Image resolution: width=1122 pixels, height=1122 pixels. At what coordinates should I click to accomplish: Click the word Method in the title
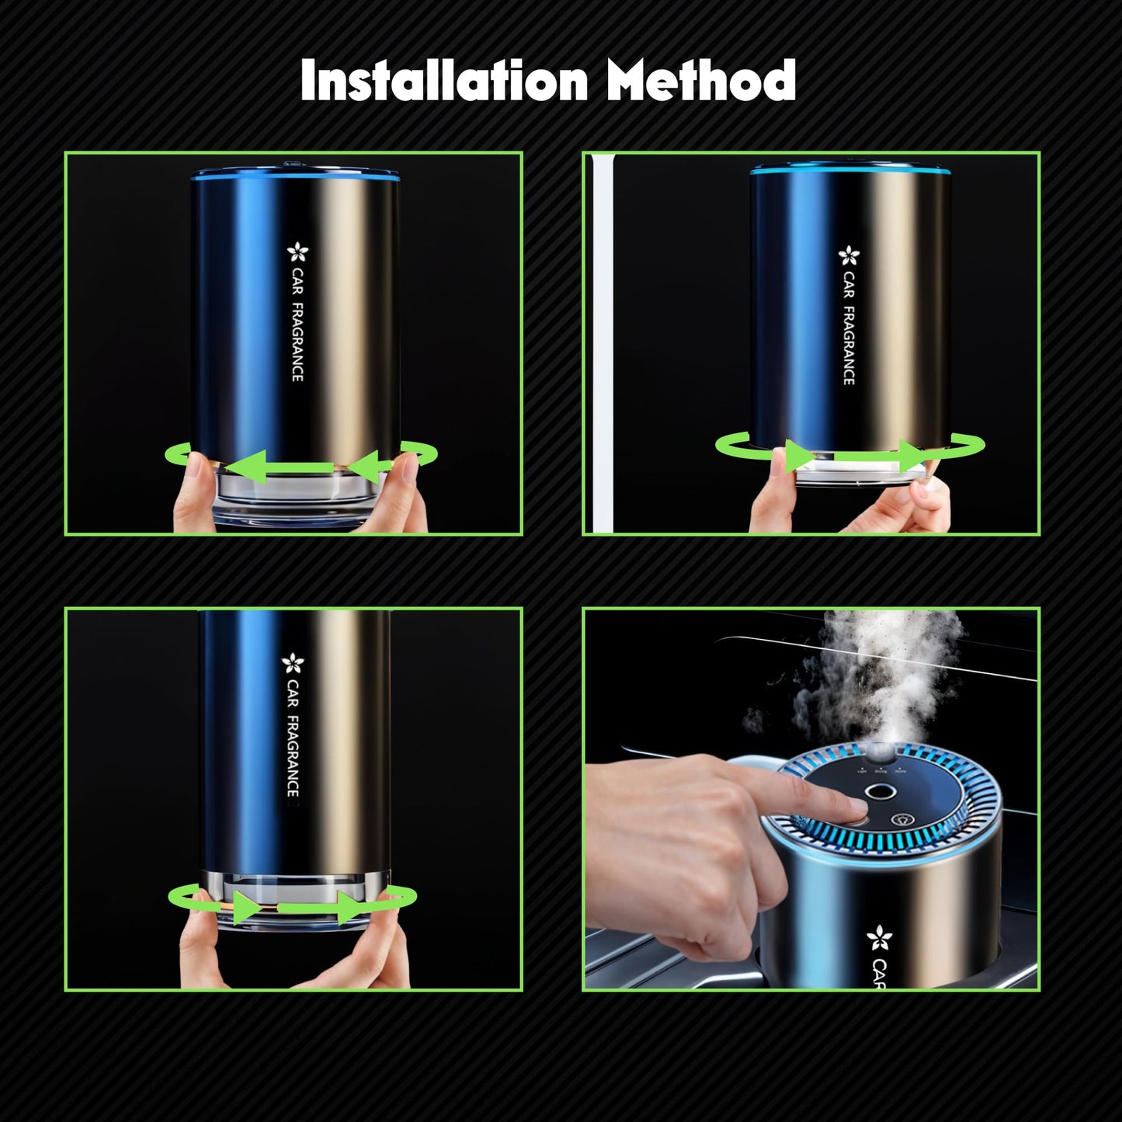[x=701, y=81]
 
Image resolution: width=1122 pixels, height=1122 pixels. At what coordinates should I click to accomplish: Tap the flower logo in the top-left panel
[x=298, y=253]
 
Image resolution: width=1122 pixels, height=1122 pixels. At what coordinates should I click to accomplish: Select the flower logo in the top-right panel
[x=849, y=255]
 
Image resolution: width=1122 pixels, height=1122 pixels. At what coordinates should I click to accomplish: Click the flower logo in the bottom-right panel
[x=879, y=938]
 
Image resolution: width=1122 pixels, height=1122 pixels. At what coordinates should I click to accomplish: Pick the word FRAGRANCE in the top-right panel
[x=849, y=346]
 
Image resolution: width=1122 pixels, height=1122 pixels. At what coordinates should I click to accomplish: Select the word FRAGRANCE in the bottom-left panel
[x=293, y=756]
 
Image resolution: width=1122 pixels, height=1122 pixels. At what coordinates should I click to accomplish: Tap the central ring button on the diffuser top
[x=880, y=792]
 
